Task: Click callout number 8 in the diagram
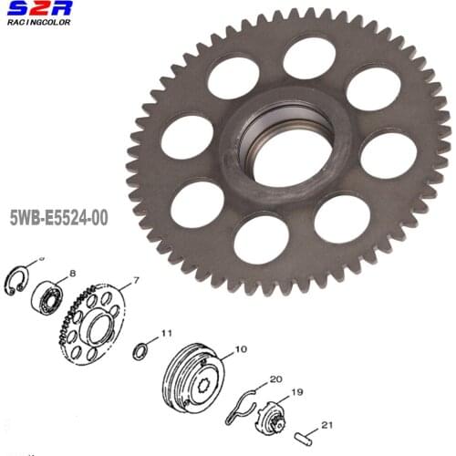point(72,274)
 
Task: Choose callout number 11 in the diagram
point(166,334)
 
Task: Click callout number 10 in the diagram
point(241,348)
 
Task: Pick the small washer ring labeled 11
point(140,352)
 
